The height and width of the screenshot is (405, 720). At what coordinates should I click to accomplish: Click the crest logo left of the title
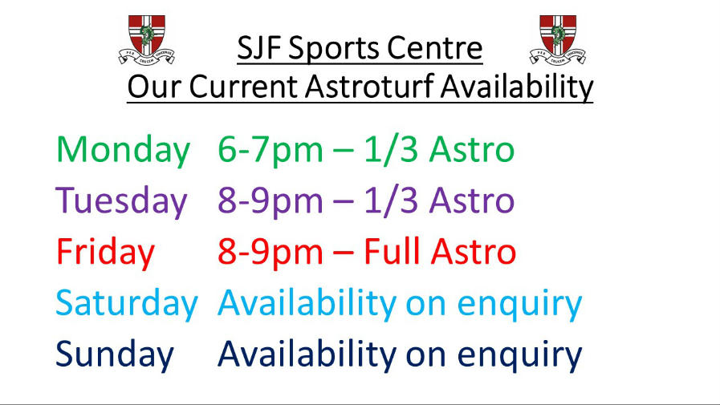146,39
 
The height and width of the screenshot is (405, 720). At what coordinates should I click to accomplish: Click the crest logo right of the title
557,39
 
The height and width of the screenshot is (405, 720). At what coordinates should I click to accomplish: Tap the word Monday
123,151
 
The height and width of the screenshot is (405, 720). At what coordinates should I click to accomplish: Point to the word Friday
105,253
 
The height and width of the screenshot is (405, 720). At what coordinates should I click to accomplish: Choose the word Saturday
127,303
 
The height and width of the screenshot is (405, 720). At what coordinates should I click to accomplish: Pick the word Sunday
115,354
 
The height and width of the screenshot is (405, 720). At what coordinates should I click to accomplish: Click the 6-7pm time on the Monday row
271,151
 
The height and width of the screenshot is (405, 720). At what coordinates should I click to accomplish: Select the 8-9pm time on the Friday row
271,253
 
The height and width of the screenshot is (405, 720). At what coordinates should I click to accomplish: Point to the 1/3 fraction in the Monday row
391,149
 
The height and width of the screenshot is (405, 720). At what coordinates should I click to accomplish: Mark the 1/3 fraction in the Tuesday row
391,200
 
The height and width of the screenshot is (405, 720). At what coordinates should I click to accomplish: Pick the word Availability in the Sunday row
307,354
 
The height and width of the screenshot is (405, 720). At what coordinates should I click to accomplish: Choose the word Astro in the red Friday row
473,252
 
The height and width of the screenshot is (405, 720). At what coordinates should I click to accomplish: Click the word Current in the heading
243,87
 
